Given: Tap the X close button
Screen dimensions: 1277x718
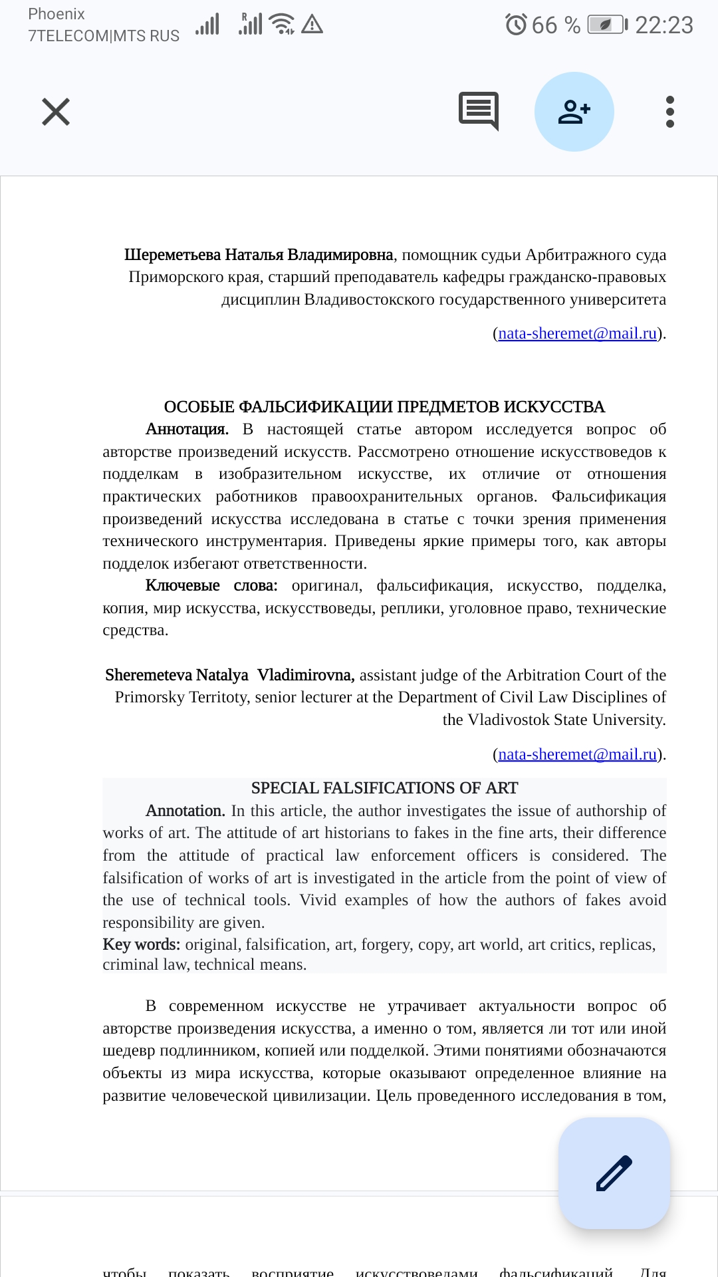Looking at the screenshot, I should (56, 112).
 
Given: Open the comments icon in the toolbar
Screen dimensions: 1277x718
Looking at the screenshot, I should (479, 110).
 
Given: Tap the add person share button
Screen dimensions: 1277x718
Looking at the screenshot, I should (574, 112).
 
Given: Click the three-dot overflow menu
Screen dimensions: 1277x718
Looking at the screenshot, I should (669, 112).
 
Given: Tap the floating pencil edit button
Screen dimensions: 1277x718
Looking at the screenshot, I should (614, 1173).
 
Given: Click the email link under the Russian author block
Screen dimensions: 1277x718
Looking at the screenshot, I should (577, 333).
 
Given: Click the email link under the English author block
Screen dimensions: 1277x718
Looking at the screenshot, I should (577, 754).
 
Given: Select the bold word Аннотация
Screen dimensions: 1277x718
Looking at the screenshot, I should (187, 430).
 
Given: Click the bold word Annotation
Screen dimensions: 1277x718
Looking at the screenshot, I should (185, 811).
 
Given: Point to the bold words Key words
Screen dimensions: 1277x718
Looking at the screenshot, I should (141, 944).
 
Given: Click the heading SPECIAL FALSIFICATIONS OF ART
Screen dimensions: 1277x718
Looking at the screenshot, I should (384, 788).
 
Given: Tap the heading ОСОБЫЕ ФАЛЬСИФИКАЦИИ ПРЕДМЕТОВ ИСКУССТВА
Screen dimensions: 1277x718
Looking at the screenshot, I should (384, 407).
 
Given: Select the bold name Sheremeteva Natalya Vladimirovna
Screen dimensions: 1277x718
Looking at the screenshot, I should (229, 675).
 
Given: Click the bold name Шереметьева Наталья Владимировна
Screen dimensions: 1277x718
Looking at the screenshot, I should (259, 255).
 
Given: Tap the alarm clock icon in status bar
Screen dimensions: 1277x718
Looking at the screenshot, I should (516, 25).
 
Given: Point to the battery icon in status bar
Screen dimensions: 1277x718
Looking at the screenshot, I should (606, 25).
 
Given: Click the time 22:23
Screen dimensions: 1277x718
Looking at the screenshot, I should (663, 25).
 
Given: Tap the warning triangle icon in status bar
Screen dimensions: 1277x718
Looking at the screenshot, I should (312, 25).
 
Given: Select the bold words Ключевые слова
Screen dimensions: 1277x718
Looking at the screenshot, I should (211, 586).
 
